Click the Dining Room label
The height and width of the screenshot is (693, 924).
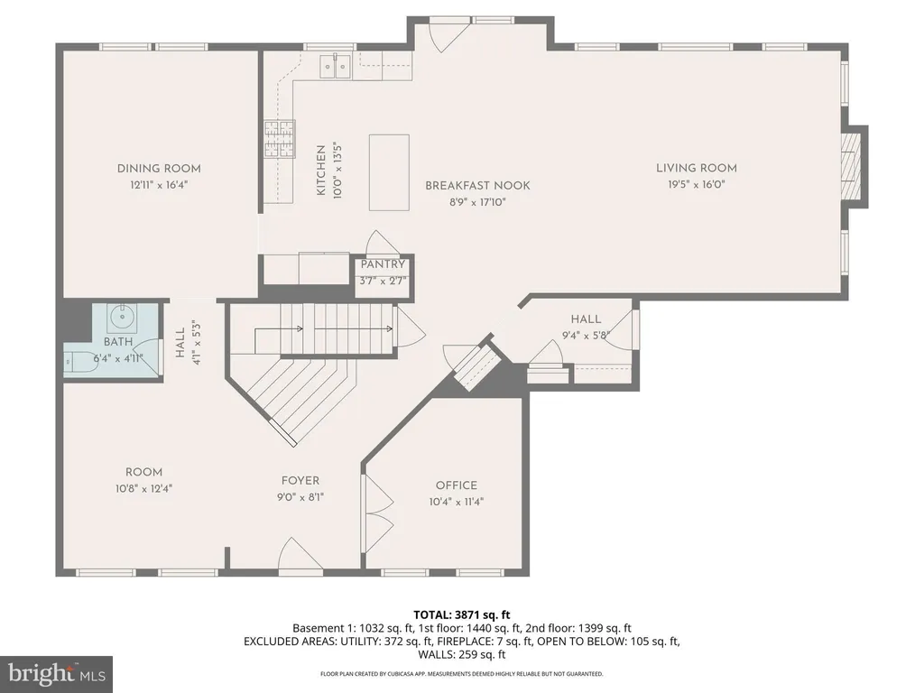point(159,169)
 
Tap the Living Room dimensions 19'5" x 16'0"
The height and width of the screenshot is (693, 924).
point(696,184)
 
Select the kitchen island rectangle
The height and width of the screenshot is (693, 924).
point(389,172)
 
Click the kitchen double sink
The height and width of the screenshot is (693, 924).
point(335,66)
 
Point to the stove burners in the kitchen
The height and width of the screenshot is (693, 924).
point(279,138)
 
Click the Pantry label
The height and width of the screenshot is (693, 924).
point(383,264)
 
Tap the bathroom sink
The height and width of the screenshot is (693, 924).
point(122,319)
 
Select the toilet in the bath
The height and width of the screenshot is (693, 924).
point(80,361)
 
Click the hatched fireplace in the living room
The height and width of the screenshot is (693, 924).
point(851,167)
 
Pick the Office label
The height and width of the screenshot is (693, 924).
point(456,485)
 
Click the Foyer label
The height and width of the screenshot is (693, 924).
point(300,481)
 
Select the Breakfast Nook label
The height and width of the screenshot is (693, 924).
point(478,186)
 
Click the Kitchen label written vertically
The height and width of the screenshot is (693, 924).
point(321,171)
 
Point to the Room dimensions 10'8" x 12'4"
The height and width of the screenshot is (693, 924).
point(143,488)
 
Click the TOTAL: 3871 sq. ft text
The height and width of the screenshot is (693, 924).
point(462,615)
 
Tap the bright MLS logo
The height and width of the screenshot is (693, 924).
point(56,674)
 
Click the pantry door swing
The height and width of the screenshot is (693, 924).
point(382,243)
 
